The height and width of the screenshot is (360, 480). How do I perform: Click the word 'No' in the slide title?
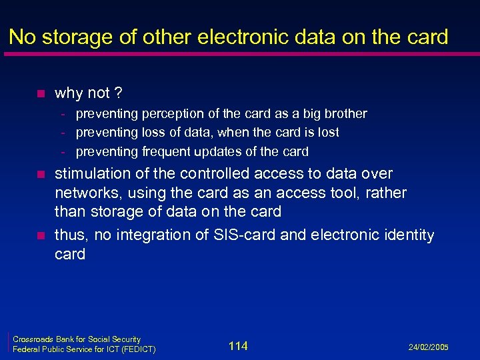tap(23, 37)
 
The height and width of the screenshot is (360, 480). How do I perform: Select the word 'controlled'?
tap(195, 174)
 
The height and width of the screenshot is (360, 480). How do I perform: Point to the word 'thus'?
tap(71, 235)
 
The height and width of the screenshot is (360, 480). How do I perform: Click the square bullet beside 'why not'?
tap(41, 93)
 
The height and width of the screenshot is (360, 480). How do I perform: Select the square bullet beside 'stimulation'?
tap(41, 175)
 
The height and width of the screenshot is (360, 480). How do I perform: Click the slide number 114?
tap(237, 345)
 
